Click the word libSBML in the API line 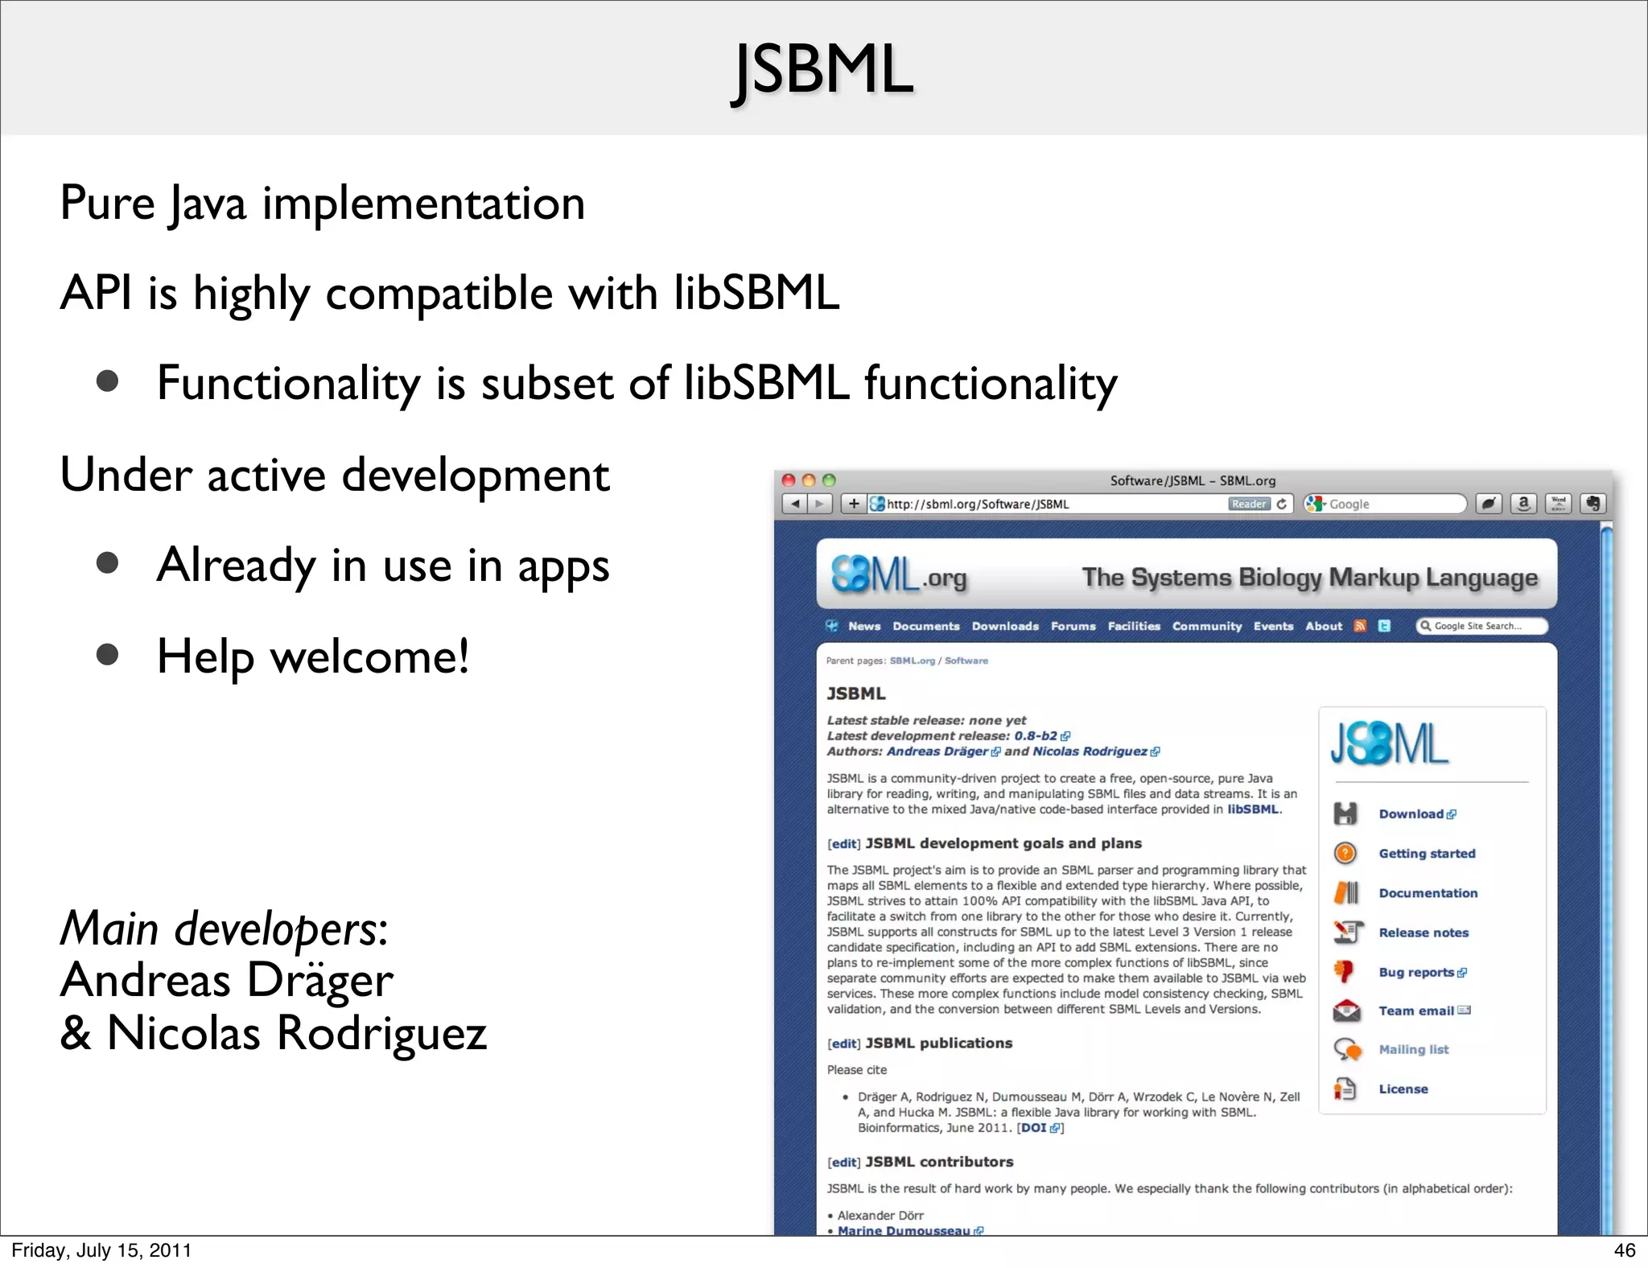click(756, 292)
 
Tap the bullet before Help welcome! click(107, 654)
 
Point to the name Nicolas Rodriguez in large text click(296, 1032)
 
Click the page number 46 click(1624, 1249)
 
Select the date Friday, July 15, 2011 click(101, 1249)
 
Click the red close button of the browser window click(789, 480)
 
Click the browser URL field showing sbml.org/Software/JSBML click(1046, 504)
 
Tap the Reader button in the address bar click(1248, 504)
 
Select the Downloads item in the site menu click(1004, 626)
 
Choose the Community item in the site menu click(1206, 626)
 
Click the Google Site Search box click(1482, 626)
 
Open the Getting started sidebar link click(1426, 854)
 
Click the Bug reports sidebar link click(1416, 972)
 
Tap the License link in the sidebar click(1403, 1089)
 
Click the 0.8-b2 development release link click(1036, 736)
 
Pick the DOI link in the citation click(1034, 1128)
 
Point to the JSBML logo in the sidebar click(1389, 743)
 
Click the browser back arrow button click(795, 504)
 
